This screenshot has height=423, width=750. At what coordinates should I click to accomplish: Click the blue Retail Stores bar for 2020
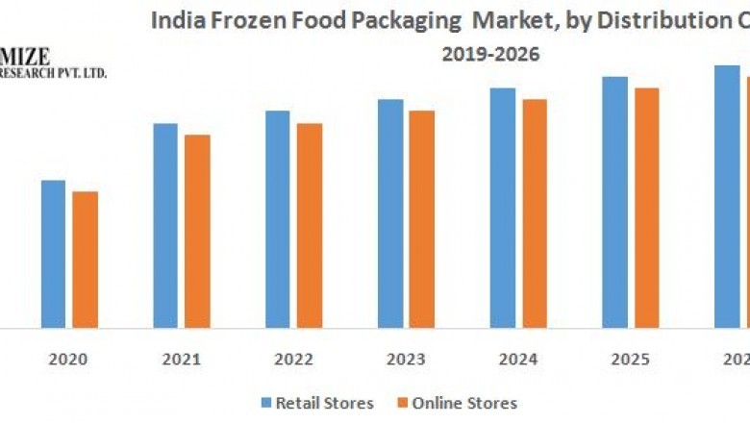tap(53, 254)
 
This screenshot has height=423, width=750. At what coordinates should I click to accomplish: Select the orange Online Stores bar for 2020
tap(85, 260)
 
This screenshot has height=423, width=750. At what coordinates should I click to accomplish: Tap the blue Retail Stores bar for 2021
tap(164, 226)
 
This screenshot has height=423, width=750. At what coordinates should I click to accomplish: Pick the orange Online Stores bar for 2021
tap(197, 232)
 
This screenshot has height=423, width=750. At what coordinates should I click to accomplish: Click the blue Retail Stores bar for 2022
tap(277, 219)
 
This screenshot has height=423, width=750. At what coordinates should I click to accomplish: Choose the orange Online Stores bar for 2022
tap(310, 226)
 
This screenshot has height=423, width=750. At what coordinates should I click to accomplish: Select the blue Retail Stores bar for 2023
tap(389, 213)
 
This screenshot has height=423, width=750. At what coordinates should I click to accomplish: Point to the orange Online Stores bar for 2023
tap(421, 219)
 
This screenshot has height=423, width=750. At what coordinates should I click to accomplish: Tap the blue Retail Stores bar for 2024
tap(502, 208)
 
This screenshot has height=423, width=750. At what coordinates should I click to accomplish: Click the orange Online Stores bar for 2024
tap(535, 213)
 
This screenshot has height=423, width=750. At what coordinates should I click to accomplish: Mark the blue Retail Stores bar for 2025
tap(614, 202)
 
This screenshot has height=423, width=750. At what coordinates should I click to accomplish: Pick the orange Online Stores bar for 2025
tap(647, 208)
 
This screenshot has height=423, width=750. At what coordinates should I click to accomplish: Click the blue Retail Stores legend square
tap(265, 403)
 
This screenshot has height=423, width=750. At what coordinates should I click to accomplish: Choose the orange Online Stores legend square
tap(401, 403)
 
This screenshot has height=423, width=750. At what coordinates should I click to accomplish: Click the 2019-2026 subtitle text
tap(490, 55)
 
